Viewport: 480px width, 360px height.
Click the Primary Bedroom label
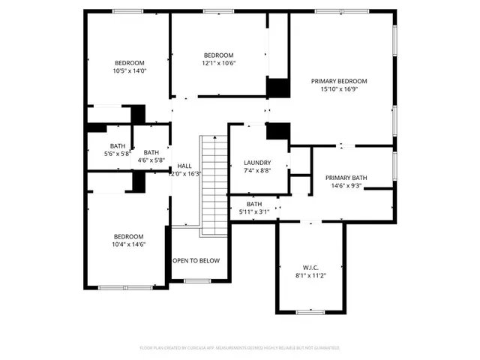(x=340, y=81)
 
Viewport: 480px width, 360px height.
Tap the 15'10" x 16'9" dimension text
(x=340, y=89)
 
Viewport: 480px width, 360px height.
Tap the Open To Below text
(x=196, y=261)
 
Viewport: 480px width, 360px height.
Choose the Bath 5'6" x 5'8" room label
(x=118, y=146)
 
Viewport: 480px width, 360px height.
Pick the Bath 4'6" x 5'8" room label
(x=151, y=152)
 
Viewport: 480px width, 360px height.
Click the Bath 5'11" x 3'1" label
(x=254, y=204)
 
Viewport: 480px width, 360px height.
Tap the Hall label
(x=184, y=166)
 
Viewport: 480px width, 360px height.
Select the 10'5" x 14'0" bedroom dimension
(x=129, y=71)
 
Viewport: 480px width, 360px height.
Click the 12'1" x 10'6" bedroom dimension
(x=219, y=64)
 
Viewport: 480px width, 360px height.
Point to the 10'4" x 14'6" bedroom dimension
(x=128, y=244)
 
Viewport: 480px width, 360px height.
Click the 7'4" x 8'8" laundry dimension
(x=256, y=171)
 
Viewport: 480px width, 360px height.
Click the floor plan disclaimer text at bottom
(x=240, y=348)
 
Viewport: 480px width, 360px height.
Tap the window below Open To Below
(x=197, y=281)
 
